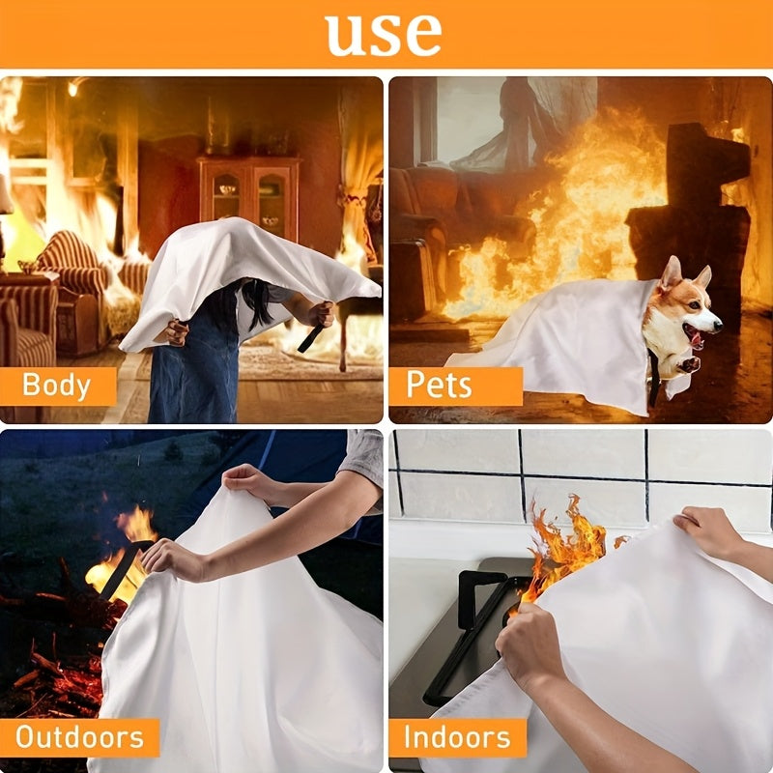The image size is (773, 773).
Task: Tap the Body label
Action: click(56, 385)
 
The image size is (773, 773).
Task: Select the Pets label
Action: click(440, 385)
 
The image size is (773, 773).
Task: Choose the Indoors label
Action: click(458, 738)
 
